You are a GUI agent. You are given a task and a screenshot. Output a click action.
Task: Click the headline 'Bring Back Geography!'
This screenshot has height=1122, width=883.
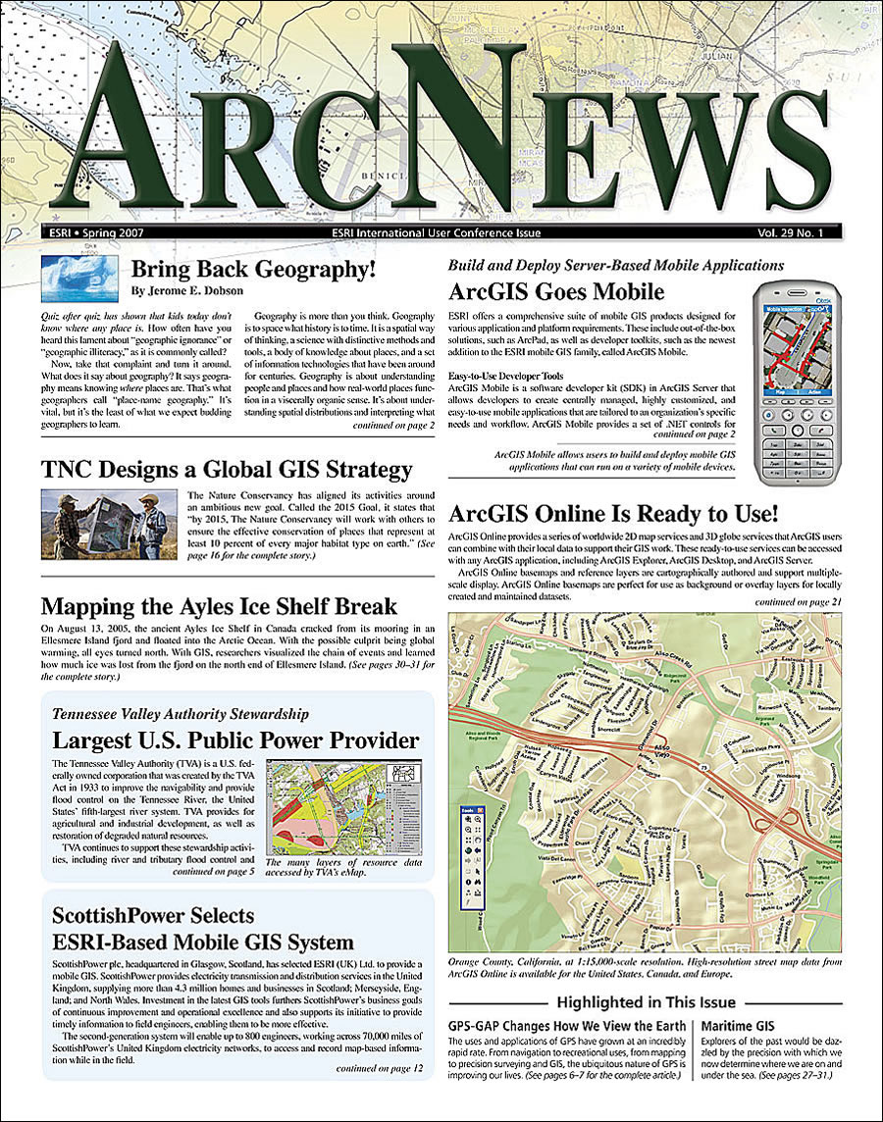(255, 271)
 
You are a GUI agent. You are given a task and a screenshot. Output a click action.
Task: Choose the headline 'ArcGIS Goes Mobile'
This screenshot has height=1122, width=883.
(556, 291)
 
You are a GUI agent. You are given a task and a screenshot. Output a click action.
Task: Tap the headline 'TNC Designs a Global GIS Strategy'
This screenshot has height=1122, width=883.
(226, 470)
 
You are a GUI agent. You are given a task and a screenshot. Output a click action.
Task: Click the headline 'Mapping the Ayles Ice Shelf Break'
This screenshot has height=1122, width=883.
(219, 605)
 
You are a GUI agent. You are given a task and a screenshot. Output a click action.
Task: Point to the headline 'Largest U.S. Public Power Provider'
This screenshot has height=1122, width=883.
(235, 740)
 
